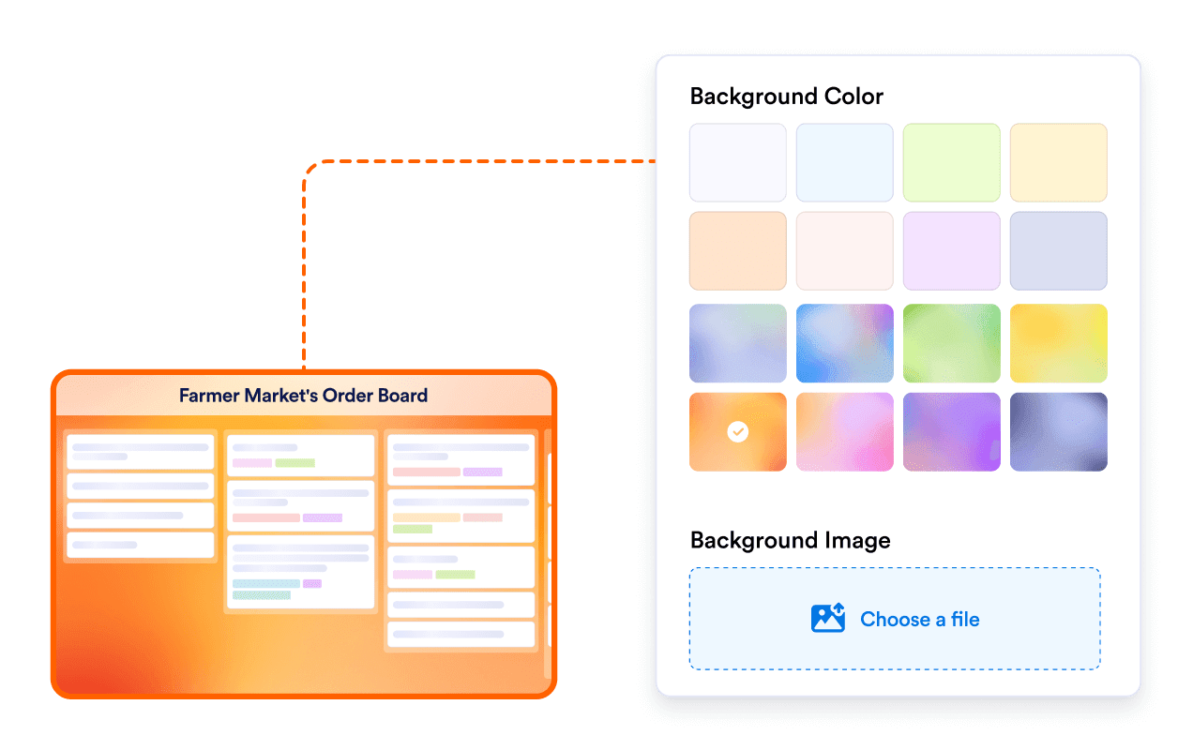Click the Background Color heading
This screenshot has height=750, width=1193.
[786, 97]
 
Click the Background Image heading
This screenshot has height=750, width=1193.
[790, 541]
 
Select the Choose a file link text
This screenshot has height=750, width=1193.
[919, 619]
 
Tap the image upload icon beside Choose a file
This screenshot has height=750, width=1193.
[828, 619]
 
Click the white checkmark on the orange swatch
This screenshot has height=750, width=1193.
[738, 431]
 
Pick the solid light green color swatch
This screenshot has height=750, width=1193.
[951, 162]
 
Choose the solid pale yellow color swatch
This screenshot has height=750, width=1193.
[1058, 162]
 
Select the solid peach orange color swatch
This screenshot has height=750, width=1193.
[738, 250]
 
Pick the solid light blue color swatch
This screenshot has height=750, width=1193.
[844, 162]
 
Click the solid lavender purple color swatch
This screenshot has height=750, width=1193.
[951, 250]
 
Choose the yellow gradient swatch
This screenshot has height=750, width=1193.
[1058, 343]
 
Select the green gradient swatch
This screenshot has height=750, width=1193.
[951, 343]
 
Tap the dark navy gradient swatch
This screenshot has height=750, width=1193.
[1058, 431]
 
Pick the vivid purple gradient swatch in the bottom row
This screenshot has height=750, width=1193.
[951, 431]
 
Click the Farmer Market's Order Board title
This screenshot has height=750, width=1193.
[303, 396]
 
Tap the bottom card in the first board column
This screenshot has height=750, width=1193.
[141, 545]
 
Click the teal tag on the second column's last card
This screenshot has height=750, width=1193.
[265, 584]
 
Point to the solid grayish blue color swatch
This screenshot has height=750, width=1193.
[1058, 250]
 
